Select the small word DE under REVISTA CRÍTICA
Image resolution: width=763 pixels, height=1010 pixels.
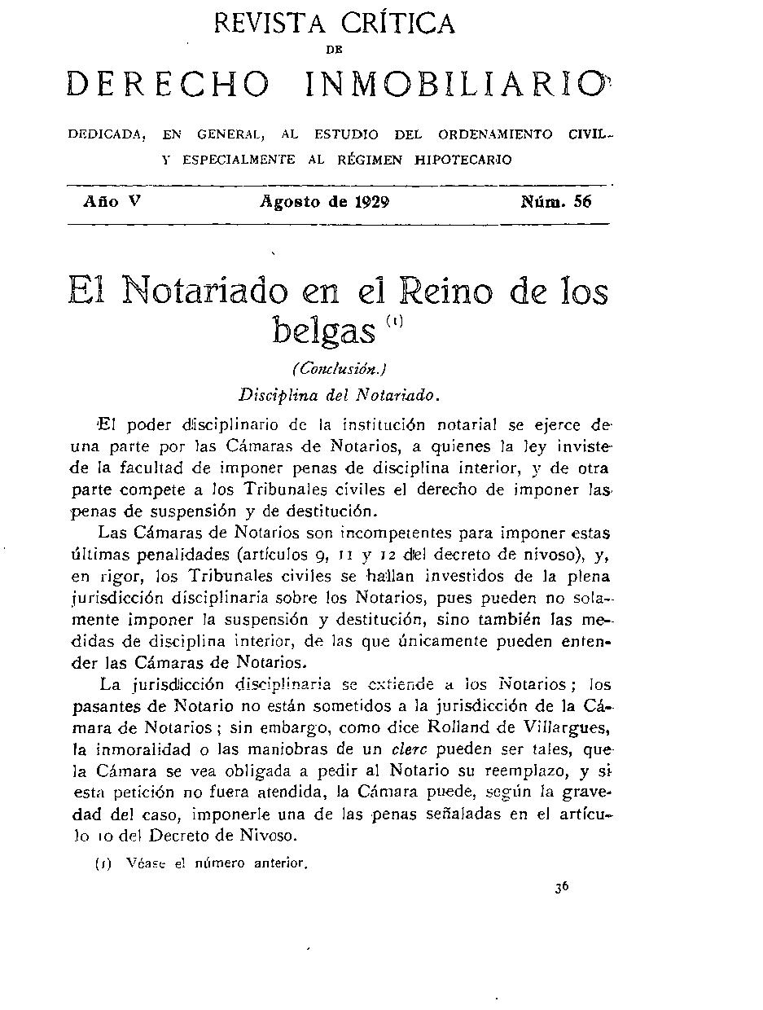tap(332, 50)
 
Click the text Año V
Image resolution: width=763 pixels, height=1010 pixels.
tap(112, 202)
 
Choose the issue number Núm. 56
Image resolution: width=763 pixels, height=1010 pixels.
tap(556, 202)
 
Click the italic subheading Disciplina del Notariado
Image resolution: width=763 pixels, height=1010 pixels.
tap(340, 396)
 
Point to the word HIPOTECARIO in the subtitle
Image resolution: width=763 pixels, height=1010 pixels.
tap(463, 160)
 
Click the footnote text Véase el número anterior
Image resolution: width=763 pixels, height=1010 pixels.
tap(217, 863)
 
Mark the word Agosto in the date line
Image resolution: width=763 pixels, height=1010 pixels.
tap(291, 203)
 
